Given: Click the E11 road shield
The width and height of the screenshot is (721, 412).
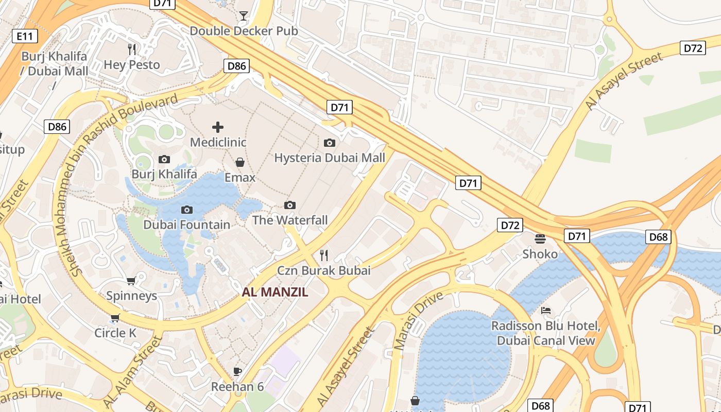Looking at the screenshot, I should (x=24, y=36).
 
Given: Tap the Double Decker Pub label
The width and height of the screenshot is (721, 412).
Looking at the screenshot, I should (x=244, y=31).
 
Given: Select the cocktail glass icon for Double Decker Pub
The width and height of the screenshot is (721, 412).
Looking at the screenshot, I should (x=244, y=16).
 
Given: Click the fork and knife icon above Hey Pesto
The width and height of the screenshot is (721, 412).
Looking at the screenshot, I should (x=132, y=49).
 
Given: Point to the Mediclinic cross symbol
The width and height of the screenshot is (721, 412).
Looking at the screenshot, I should (x=218, y=127).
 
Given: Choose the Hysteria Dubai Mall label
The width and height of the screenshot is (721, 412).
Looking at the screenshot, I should (x=330, y=158).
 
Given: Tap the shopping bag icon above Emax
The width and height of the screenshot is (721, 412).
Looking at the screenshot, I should (x=240, y=162).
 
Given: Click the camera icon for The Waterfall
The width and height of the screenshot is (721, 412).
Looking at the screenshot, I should (x=290, y=205).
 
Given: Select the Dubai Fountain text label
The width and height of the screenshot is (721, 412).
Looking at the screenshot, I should (x=186, y=225).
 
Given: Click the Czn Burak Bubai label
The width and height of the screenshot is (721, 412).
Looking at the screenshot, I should (x=324, y=270).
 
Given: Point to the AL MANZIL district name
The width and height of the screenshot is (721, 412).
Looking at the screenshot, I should (x=275, y=293).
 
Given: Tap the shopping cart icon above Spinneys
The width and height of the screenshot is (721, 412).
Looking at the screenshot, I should (x=131, y=281).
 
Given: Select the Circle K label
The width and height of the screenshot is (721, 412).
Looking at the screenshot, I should (x=115, y=333).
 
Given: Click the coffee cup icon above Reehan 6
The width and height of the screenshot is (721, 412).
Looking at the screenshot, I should (x=237, y=371).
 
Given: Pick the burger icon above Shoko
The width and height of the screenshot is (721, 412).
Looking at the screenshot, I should (x=540, y=238).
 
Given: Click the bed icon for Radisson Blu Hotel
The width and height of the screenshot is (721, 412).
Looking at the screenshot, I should (x=546, y=310).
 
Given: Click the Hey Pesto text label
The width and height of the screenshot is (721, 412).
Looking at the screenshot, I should (x=132, y=65).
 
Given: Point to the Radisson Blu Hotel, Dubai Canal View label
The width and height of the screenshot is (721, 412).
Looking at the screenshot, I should (x=546, y=333).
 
